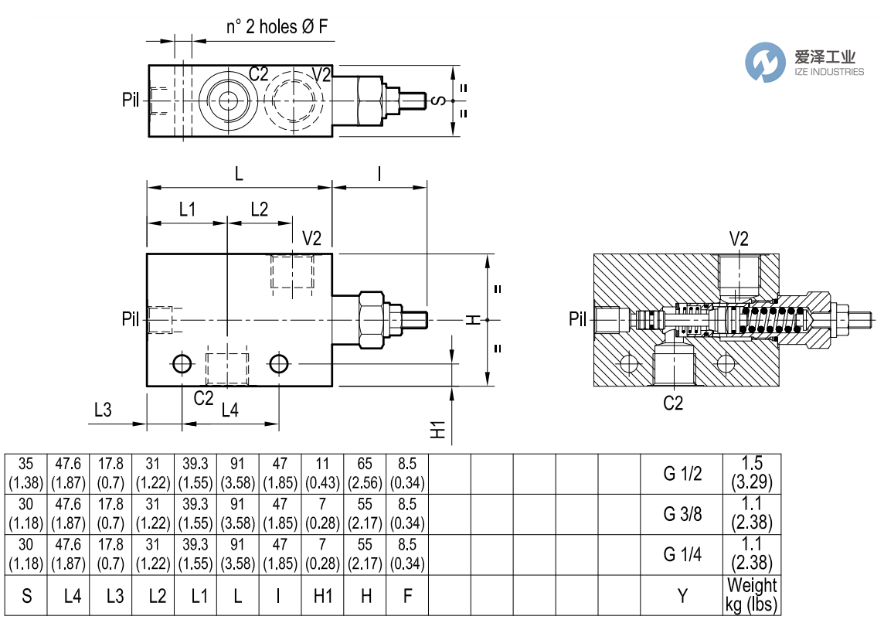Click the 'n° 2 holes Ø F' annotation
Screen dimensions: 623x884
tap(277, 27)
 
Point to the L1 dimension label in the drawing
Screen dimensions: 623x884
tap(188, 209)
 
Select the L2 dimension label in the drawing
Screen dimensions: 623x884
tap(259, 209)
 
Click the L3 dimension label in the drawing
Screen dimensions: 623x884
tap(103, 409)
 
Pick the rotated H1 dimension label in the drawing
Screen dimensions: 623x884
tap(438, 431)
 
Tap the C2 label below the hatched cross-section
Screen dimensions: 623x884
tap(674, 403)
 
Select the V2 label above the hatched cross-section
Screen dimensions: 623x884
tap(739, 239)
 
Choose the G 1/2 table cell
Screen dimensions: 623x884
tap(682, 475)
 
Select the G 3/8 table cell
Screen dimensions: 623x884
tap(682, 514)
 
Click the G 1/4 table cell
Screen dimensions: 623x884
tap(682, 554)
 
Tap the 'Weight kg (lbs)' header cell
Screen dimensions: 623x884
tap(751, 595)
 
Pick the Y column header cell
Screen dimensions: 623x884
tap(682, 595)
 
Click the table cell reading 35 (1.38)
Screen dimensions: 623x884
tap(26, 475)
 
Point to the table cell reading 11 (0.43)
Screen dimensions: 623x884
tap(322, 475)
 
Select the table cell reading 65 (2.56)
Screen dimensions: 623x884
tap(365, 475)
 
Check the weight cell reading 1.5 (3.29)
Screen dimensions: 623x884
tap(751, 475)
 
